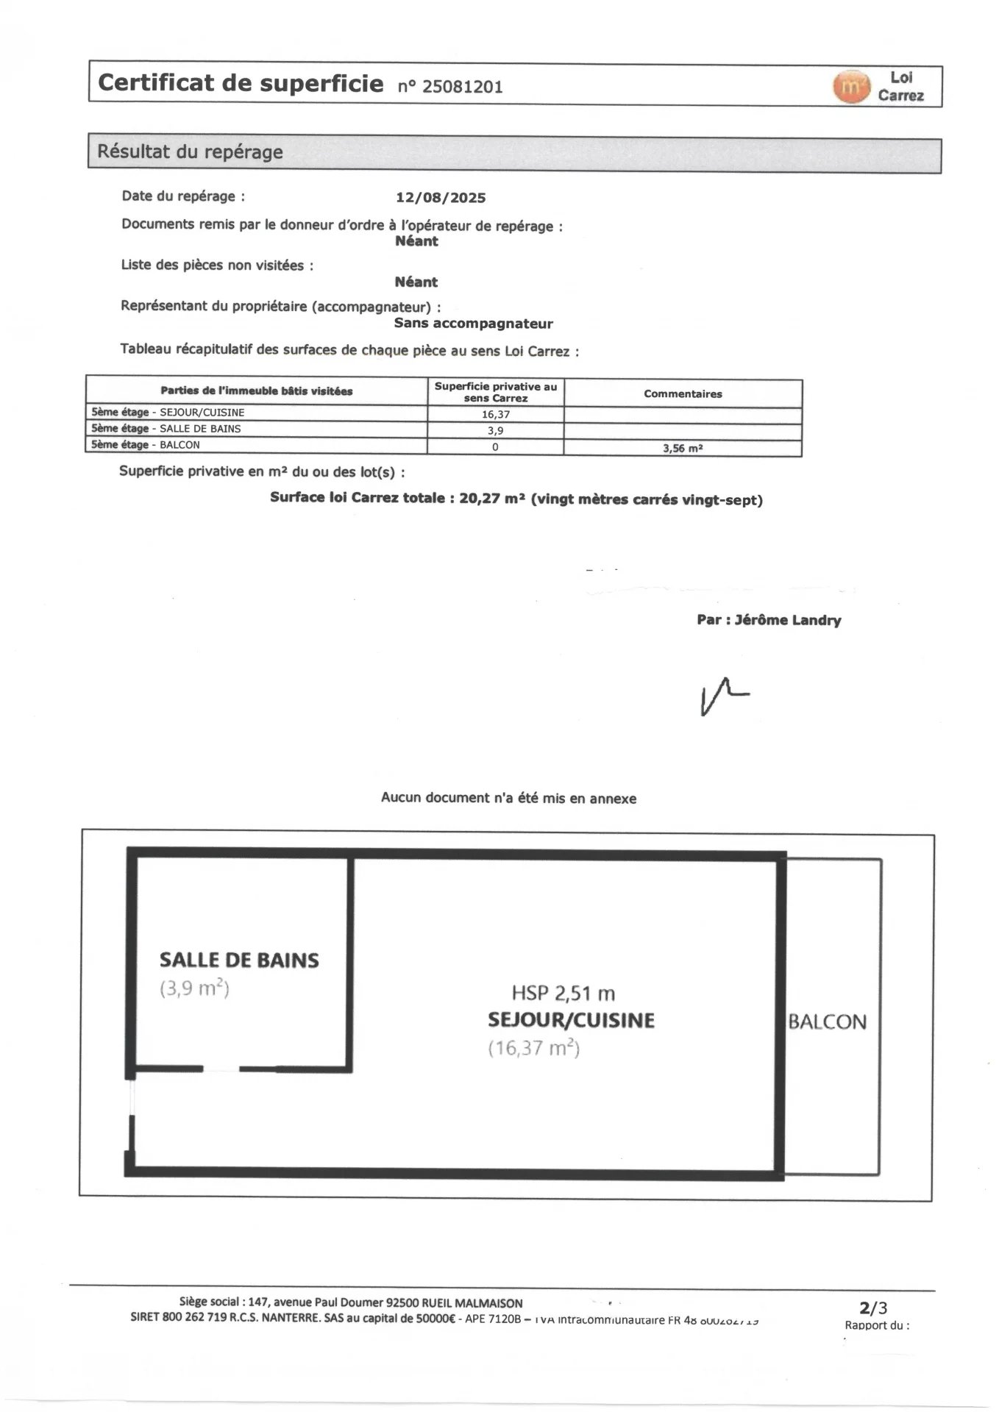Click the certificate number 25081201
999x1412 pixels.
pos(462,87)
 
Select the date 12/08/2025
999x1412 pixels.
pos(441,198)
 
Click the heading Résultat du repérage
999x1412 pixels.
pos(191,152)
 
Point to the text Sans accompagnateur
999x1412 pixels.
pos(473,324)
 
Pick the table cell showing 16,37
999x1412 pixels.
pos(495,414)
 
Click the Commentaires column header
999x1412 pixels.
pos(683,393)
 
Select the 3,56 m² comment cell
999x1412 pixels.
pos(683,448)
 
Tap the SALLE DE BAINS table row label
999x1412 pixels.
pos(200,429)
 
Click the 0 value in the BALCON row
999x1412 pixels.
pos(495,446)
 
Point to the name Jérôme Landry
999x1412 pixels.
pos(788,620)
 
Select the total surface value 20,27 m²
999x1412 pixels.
pos(491,499)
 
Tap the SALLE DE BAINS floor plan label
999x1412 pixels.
pos(239,960)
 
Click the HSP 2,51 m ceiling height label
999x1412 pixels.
pos(564,994)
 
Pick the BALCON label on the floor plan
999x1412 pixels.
pos(828,1021)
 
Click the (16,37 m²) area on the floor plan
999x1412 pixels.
pos(534,1048)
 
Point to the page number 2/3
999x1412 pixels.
pos(874,1307)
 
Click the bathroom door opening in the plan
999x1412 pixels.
pos(221,1069)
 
